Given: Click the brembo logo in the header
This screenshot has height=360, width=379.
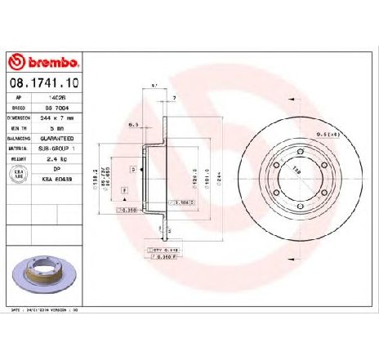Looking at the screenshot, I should coord(42,60).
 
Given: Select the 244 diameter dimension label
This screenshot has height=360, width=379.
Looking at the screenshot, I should coord(219,172).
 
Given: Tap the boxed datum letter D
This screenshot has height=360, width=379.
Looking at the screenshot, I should coord(132,167).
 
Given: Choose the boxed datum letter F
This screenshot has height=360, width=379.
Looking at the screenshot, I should coord(123,189).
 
